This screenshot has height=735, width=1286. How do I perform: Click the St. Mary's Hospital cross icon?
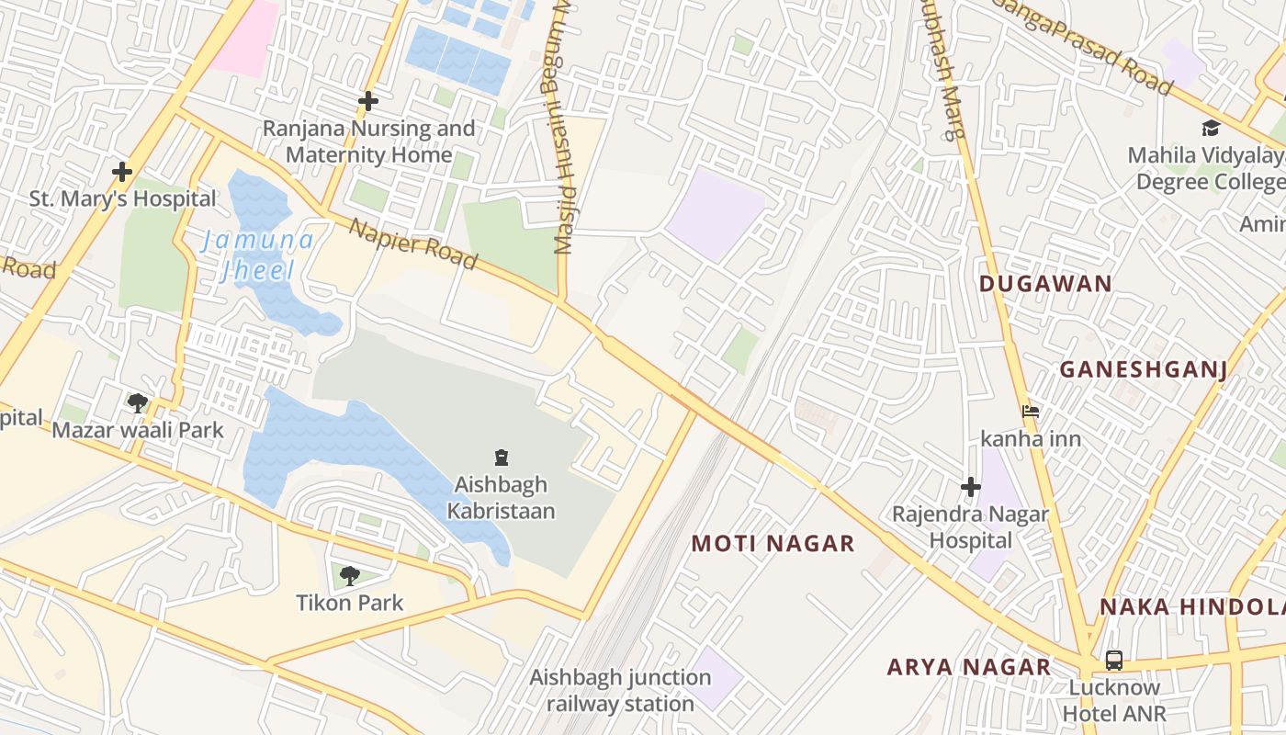point(121,172)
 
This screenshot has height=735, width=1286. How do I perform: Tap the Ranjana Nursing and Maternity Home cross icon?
point(368,101)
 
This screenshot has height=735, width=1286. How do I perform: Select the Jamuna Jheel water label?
point(257,255)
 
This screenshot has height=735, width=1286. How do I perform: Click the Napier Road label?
point(413,244)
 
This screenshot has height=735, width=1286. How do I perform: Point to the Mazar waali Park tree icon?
point(138,402)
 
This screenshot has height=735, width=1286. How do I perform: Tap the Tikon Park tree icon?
point(349,576)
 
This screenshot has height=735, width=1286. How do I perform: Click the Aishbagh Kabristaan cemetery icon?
point(502,457)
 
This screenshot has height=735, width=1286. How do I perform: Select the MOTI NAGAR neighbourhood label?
point(773,544)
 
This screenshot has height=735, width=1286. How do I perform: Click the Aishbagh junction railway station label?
point(620,690)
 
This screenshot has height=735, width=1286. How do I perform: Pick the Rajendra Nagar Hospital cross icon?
point(970,487)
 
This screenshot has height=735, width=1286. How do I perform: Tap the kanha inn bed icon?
point(1031,412)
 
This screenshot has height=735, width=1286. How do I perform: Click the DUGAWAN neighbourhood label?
point(1045,284)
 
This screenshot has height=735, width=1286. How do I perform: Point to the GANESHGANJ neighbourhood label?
point(1144,369)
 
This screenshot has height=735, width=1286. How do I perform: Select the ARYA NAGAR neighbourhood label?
point(968,667)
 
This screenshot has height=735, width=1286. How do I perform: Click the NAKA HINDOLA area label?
point(1192,607)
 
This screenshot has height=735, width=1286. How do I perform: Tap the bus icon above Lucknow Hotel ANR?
point(1113,660)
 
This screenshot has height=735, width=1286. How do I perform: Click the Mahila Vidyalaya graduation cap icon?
point(1211,128)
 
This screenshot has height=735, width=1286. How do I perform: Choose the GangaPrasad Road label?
point(1084,46)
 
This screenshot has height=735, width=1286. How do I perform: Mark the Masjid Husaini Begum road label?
point(562,129)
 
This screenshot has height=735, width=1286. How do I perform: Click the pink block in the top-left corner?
point(245,37)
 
